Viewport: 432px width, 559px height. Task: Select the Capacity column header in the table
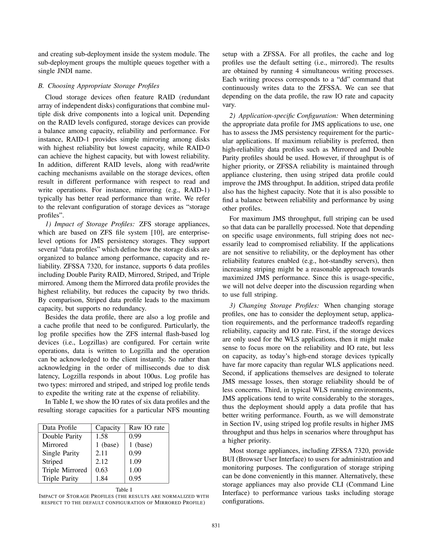pyautogui.click(x=108, y=428)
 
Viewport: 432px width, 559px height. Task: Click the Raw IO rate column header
pyautogui.click(x=147, y=428)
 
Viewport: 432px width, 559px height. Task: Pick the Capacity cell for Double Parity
pyautogui.click(x=102, y=436)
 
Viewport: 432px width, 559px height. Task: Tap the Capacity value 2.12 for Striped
pyautogui.click(x=102, y=462)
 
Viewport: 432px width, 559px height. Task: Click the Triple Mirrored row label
pyautogui.click(x=65, y=470)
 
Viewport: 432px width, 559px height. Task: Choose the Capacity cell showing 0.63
pyautogui.click(x=102, y=470)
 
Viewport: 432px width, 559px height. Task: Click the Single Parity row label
pyautogui.click(x=61, y=453)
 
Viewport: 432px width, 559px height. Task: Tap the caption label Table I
pyautogui.click(x=124, y=490)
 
